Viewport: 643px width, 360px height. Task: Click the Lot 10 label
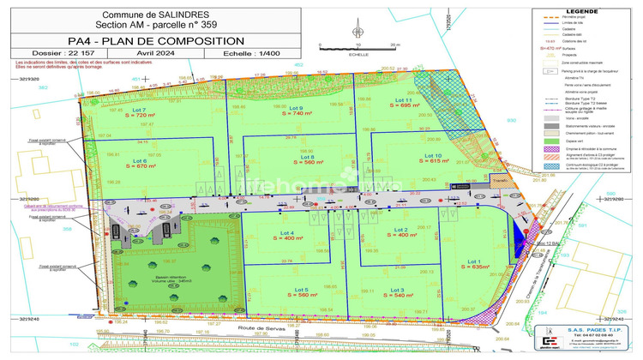(x=434, y=154)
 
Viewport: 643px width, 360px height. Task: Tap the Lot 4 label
(x=286, y=232)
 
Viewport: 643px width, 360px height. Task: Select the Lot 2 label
(x=400, y=230)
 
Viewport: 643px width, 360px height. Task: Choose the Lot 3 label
(x=397, y=291)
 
